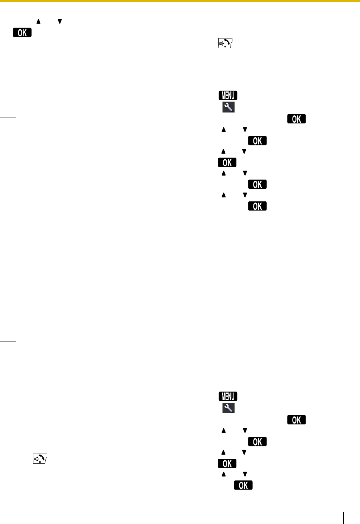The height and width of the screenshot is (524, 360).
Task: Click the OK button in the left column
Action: pos(22,33)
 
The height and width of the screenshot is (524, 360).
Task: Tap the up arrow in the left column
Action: pos(38,22)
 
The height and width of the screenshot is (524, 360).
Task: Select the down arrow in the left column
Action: pos(60,22)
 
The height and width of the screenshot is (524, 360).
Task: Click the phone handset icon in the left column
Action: pos(40,459)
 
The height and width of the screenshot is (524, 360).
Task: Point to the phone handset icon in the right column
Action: pos(225,44)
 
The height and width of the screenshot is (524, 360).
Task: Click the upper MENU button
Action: pos(228,95)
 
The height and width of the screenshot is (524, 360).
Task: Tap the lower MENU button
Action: pos(228,396)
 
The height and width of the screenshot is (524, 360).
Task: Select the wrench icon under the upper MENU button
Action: pos(228,107)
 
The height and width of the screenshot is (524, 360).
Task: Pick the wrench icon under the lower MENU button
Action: pos(228,408)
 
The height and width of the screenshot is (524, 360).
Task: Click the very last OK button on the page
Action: pos(243,485)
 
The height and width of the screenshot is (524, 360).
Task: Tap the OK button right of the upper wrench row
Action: pos(296,119)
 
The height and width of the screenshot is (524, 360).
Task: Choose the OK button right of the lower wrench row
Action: pos(296,420)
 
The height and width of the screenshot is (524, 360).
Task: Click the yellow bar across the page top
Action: pos(180,1)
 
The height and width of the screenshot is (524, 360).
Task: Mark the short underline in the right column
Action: pos(193,226)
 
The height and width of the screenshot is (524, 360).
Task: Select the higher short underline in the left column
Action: pos(8,118)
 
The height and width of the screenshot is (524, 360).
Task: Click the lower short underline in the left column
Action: pos(8,341)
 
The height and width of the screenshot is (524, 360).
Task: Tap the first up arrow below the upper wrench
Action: pos(224,130)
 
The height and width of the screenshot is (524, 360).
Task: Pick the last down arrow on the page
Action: pos(245,474)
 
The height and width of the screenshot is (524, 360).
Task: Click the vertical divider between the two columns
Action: pos(180,254)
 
